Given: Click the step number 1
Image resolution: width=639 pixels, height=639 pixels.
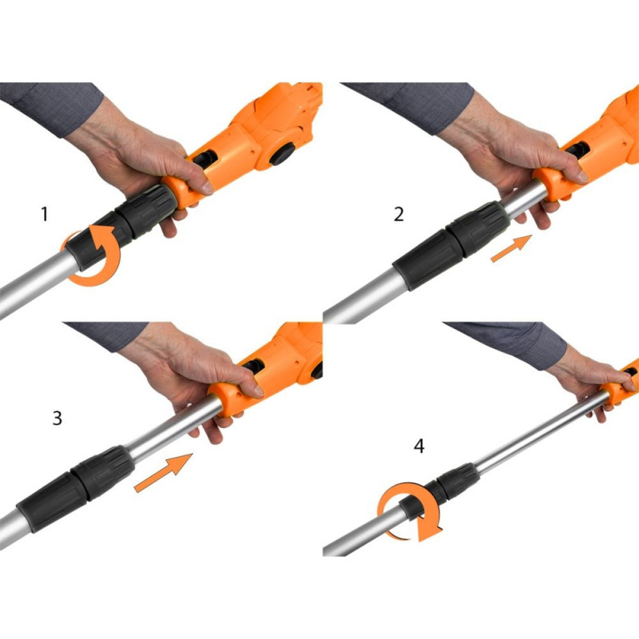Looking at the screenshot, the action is click(45, 214).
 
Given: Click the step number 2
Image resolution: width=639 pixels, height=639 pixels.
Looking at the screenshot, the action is click(399, 214).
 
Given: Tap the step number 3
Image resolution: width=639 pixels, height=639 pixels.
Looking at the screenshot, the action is click(58, 418).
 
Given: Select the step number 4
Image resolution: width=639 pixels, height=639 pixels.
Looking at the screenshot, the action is click(419, 447).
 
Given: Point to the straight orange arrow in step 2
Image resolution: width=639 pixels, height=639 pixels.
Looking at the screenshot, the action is click(511, 248).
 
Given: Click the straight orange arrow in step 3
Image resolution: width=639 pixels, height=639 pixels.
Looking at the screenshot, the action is click(164, 472).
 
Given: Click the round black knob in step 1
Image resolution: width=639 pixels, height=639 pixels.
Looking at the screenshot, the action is click(283, 154).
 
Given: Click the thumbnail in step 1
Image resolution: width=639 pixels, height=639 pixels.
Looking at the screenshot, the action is click(207, 187).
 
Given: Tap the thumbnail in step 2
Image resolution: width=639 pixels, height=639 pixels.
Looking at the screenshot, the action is click(582, 177).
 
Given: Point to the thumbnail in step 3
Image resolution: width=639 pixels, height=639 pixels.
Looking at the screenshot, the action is click(257, 391).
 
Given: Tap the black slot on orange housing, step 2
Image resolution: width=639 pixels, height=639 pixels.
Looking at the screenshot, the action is click(577, 150).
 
